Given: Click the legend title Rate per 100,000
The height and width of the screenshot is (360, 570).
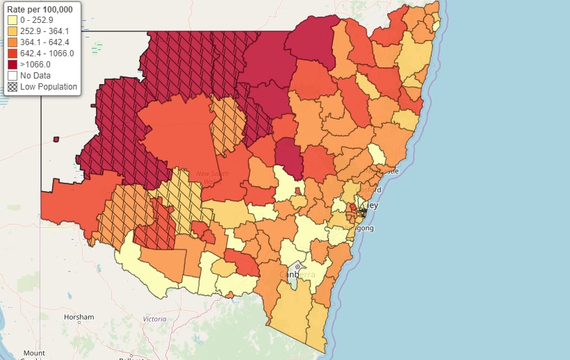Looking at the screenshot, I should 40,10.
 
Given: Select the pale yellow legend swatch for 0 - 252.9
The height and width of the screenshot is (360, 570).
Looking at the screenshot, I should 12,20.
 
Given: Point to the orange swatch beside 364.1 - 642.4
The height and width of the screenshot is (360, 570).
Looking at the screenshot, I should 12,42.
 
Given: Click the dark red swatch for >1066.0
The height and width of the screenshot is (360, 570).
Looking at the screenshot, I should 12,64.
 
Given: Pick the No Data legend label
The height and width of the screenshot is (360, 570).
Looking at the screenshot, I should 34,75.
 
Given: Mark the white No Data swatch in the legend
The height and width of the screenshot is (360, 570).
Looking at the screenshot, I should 12,75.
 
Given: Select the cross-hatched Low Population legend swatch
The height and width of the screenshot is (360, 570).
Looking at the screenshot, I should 12,86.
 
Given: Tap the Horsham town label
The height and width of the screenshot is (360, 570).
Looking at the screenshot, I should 78,318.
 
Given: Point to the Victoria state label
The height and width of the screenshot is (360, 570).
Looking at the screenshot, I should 154,319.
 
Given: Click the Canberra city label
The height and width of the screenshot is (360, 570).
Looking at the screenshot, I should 297,275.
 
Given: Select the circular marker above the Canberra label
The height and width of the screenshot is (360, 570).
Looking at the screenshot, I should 297,265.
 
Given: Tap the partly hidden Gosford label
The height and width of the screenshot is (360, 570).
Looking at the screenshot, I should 370,189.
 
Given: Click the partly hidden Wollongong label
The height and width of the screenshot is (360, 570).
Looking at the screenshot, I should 362,228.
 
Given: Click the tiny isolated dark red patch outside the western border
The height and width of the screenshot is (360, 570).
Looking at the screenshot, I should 56,139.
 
